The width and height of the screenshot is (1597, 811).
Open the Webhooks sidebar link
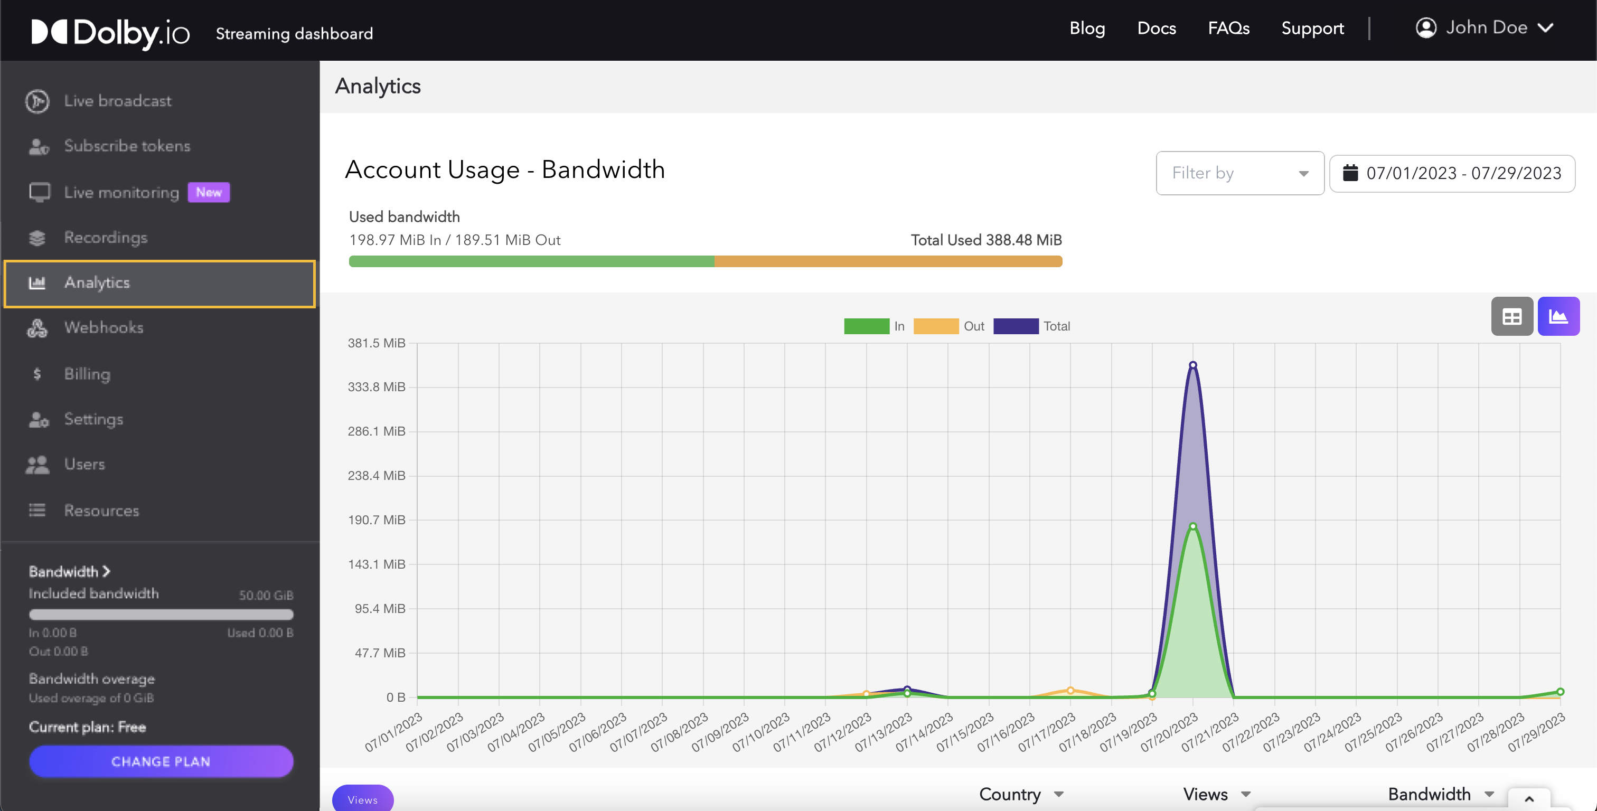pos(103,327)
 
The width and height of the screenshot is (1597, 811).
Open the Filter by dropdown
pos(1239,173)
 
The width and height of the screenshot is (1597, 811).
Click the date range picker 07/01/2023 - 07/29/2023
pos(1452,173)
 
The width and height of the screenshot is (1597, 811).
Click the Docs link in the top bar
pos(1156,29)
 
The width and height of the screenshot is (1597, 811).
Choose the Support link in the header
pos(1312,29)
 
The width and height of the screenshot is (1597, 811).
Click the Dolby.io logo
pos(110,32)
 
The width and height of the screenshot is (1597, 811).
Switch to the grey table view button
pos(1511,317)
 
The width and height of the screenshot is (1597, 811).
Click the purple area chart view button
pos(1558,317)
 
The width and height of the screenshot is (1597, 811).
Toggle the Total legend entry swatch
pos(1016,326)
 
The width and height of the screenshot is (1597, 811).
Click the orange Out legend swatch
pos(935,326)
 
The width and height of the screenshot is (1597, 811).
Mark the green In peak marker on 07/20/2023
pos(1193,526)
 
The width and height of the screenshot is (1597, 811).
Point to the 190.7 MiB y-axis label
pos(377,520)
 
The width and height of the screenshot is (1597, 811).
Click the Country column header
pos(1010,794)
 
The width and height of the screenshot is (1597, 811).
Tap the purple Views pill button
pos(363,799)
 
